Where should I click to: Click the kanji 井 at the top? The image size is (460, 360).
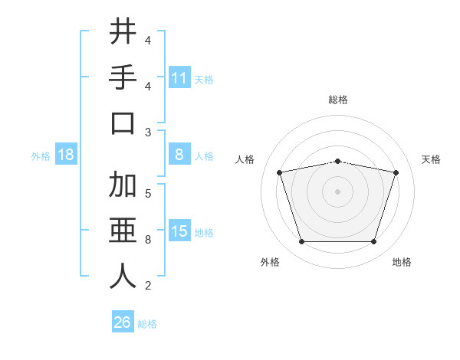click(x=123, y=31)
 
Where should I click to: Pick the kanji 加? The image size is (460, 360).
click(x=123, y=185)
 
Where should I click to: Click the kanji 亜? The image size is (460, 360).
click(x=123, y=231)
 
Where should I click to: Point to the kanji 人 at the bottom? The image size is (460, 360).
click(x=123, y=277)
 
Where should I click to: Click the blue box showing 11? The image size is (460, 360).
click(x=179, y=78)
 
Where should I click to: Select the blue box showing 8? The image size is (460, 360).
click(x=179, y=155)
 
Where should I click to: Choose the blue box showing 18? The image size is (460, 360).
click(x=66, y=155)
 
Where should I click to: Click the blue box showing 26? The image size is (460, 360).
click(x=122, y=322)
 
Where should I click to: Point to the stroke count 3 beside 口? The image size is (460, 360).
click(x=148, y=133)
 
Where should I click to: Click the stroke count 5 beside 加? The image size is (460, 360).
click(x=148, y=193)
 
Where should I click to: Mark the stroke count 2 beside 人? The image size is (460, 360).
click(x=148, y=286)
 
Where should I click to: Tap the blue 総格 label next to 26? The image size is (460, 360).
click(x=147, y=324)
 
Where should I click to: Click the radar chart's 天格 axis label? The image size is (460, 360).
click(x=432, y=159)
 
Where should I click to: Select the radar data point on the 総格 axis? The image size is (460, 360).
click(x=337, y=161)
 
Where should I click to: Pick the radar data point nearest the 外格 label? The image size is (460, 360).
click(x=301, y=242)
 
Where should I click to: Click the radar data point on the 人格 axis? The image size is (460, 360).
click(x=279, y=173)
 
